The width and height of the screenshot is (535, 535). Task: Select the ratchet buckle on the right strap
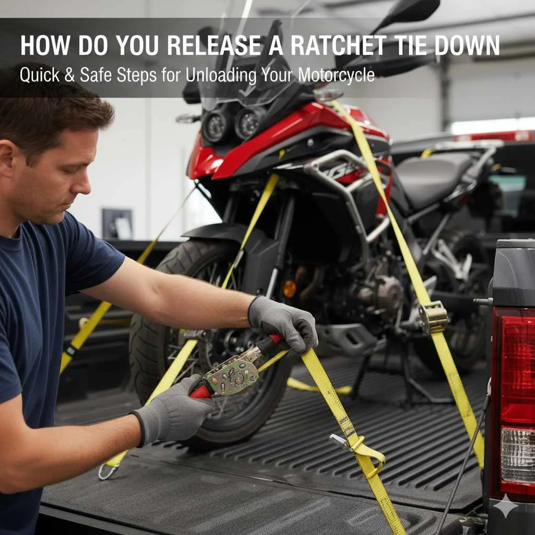(x=433, y=317)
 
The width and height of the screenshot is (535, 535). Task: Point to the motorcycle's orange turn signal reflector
(x=289, y=288)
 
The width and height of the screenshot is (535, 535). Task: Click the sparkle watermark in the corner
(x=506, y=506)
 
